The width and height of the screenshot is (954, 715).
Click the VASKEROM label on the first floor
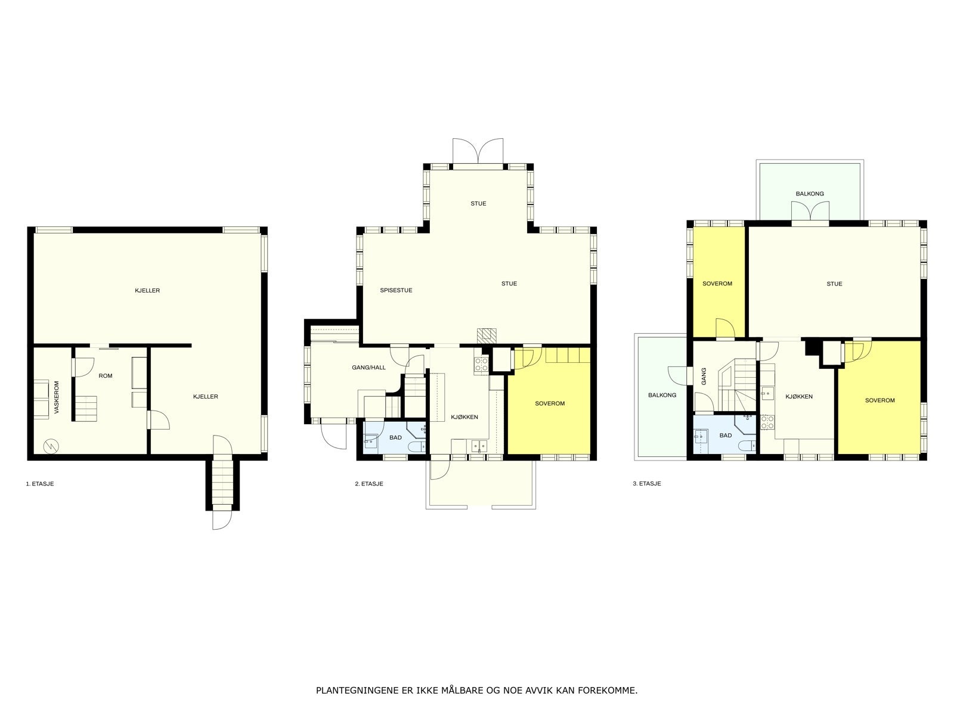coord(57,397)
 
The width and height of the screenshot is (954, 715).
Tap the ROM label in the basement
coord(106,376)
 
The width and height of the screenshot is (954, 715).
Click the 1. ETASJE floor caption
coord(40,484)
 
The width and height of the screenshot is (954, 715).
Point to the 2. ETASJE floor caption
coord(369,484)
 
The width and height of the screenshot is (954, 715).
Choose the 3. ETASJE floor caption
coord(647,484)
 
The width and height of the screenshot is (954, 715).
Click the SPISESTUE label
coord(396,291)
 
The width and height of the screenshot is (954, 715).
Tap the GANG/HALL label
coord(368,368)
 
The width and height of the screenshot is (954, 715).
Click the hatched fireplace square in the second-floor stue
coord(486,334)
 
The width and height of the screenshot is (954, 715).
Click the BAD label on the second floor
coord(395,437)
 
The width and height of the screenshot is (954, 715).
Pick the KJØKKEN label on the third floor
coord(799,397)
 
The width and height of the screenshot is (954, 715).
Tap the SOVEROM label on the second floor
coord(550,403)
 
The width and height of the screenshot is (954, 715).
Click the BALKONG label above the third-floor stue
coord(810,194)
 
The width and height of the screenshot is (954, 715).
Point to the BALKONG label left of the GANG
coord(662,395)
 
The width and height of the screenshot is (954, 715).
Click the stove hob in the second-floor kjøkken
coord(481,364)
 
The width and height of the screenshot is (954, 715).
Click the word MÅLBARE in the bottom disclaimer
coord(461,691)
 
